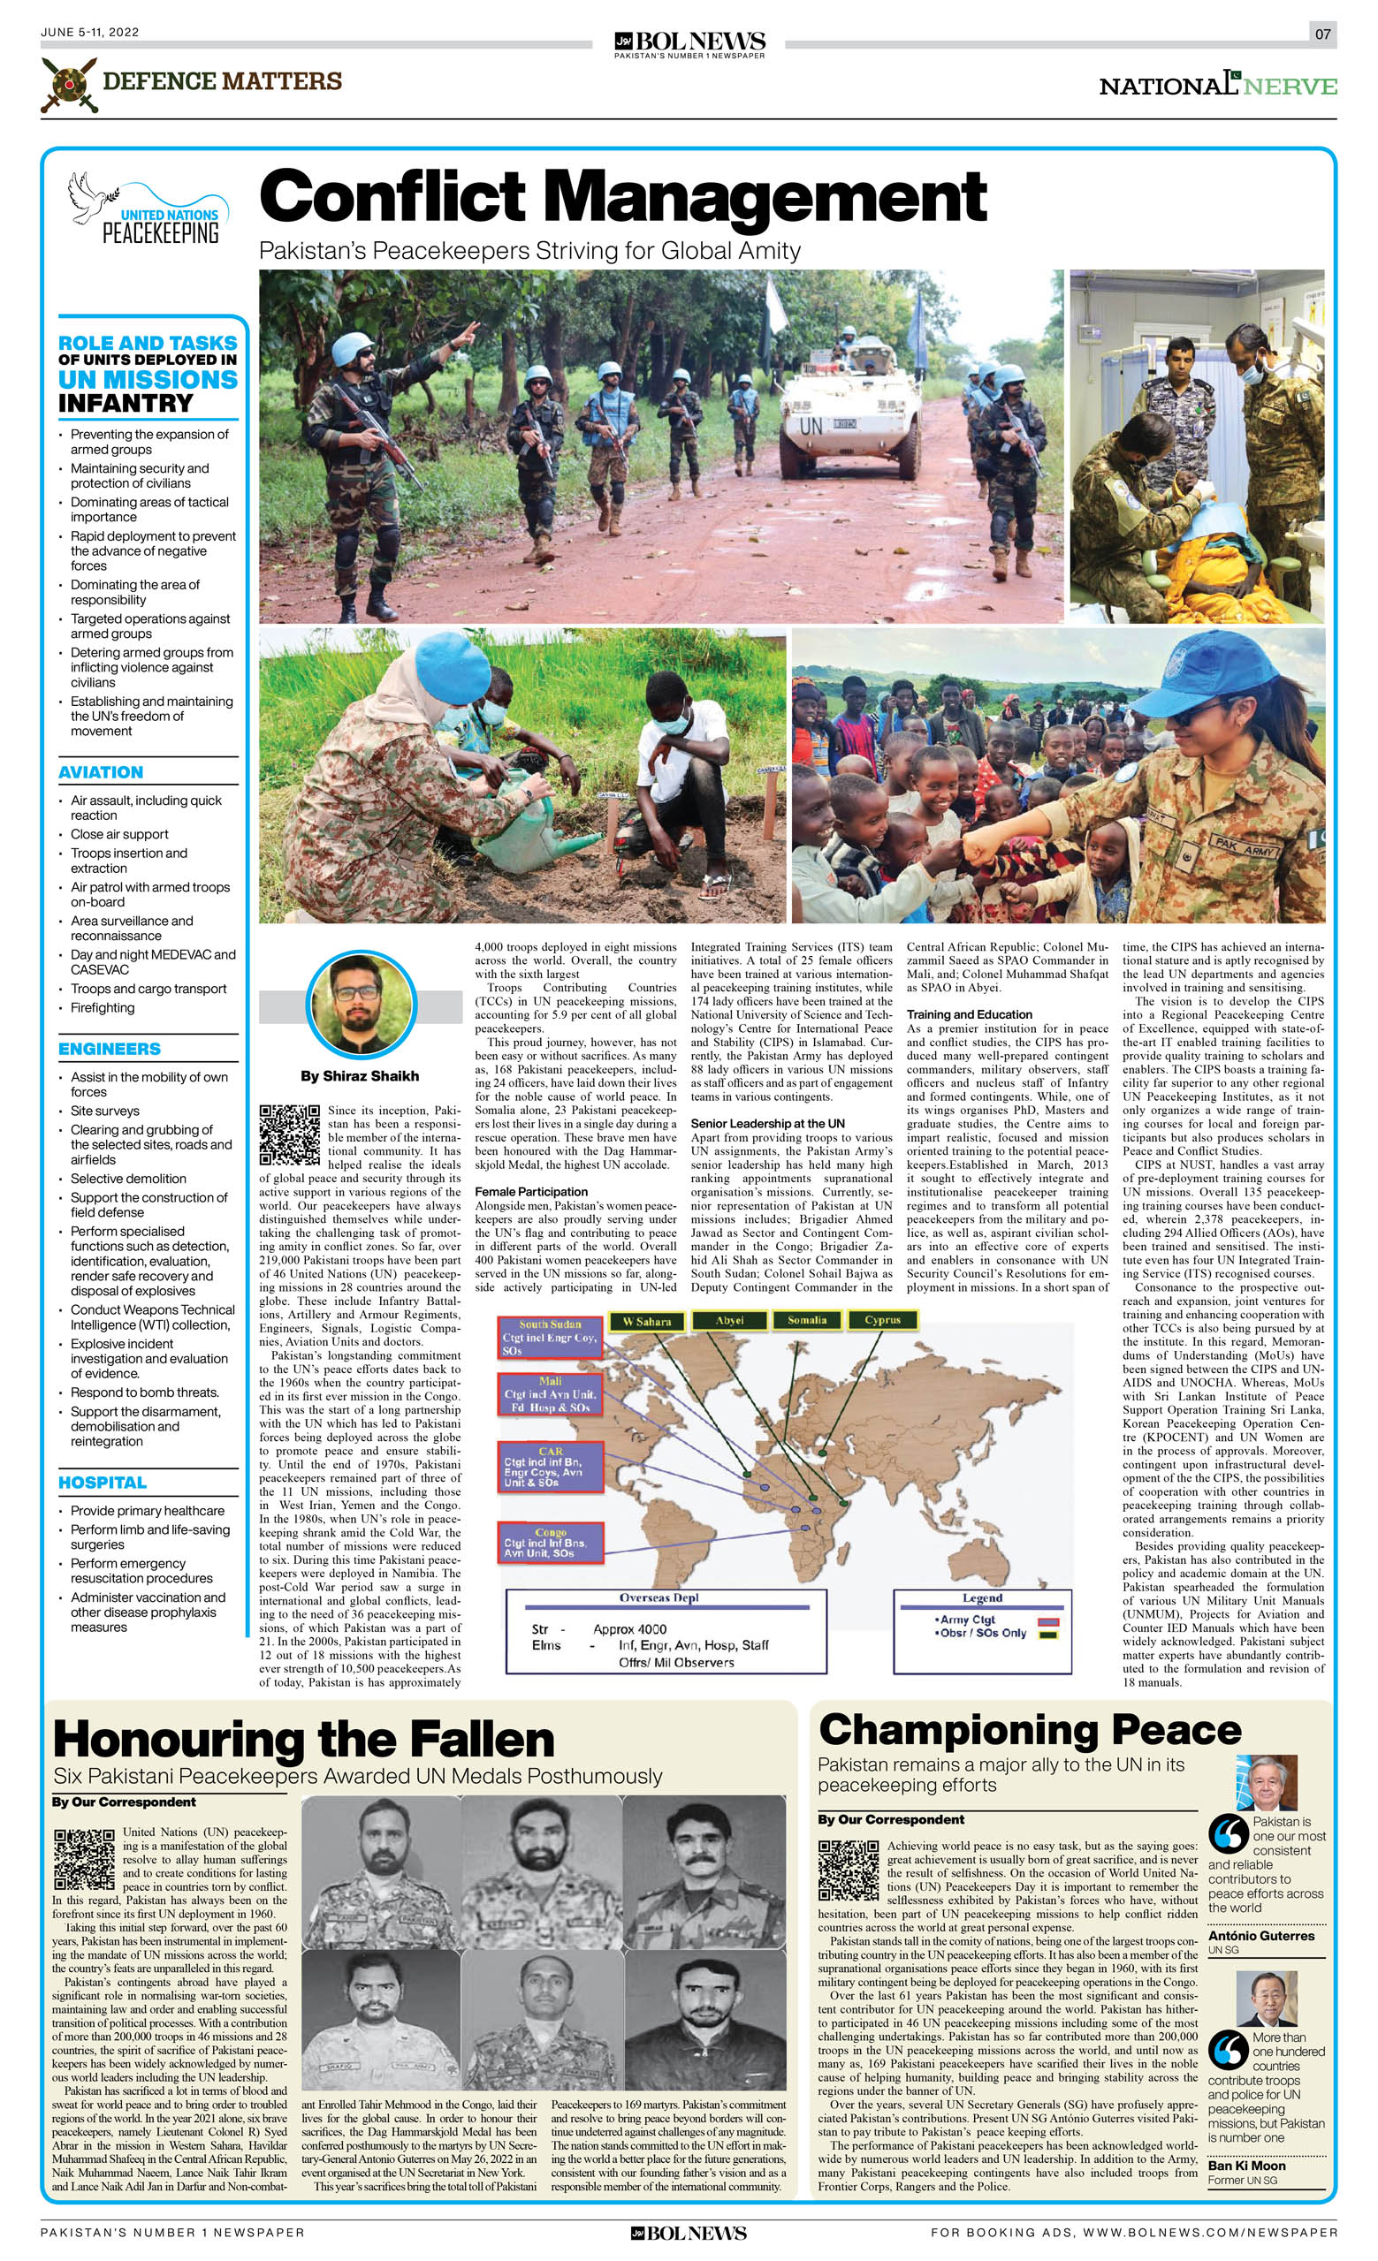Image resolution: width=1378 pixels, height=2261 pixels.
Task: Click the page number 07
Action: (1322, 34)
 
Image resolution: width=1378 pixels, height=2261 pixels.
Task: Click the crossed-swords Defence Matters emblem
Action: (69, 84)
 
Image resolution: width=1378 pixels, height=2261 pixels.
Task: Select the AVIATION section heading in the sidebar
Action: (101, 772)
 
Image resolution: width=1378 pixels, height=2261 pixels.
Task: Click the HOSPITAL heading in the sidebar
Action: (102, 1482)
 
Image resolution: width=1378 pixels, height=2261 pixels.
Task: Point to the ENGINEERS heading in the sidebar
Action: (110, 1049)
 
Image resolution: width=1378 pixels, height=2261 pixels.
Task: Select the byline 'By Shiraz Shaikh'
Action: (360, 1075)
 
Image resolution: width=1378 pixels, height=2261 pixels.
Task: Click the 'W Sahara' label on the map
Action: (647, 1322)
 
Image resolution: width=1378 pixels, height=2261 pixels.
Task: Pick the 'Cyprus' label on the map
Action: (882, 1320)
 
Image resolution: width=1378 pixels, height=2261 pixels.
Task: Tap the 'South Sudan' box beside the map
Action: (550, 1337)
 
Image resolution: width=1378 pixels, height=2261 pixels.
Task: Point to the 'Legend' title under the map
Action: (981, 1597)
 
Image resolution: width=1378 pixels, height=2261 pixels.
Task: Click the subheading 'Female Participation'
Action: (530, 1192)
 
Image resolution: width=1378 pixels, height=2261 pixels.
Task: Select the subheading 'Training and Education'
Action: (969, 1014)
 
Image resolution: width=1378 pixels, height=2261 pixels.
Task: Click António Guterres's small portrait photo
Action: (1267, 1782)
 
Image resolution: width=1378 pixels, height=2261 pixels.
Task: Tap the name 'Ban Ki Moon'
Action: (1246, 2166)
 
